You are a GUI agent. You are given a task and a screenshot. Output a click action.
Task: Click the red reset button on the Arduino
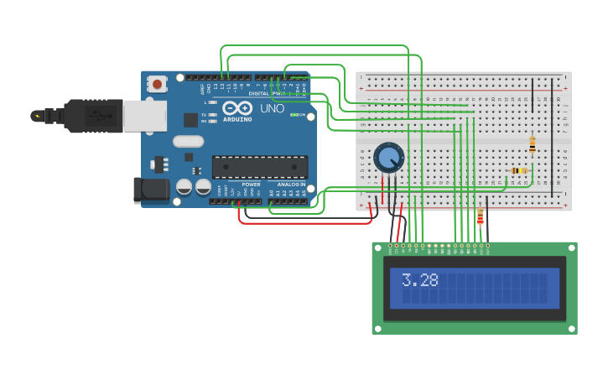157,83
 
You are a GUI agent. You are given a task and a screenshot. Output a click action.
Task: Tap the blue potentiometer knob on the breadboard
387,157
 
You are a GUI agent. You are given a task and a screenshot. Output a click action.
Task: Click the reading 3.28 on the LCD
419,280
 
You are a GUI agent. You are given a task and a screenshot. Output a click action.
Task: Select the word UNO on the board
272,109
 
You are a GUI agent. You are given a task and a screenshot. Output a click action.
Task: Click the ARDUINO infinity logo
236,108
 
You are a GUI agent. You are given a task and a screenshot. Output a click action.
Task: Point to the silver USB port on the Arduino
144,116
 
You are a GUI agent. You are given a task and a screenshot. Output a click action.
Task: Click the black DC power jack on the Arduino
151,190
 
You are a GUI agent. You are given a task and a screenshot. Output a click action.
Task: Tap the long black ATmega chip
259,166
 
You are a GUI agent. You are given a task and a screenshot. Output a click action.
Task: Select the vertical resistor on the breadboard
532,143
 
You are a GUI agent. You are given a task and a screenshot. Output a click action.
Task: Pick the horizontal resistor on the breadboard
519,170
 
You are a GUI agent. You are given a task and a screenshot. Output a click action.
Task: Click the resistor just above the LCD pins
480,217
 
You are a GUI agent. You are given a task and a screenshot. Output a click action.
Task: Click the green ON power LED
292,114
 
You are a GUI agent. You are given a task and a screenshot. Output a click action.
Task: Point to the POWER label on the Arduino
251,184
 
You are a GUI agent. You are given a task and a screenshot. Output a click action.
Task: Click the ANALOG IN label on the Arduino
292,184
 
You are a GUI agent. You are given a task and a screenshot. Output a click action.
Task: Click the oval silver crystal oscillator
189,141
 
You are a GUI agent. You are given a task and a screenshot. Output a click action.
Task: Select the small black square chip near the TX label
191,120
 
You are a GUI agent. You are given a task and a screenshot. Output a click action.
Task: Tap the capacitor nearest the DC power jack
184,186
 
